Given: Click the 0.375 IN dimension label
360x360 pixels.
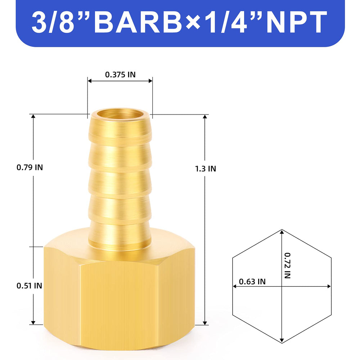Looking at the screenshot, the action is tap(120, 75).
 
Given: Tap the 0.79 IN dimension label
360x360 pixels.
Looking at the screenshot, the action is tap(30, 167).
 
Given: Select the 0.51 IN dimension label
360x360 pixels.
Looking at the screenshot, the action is tap(30, 286).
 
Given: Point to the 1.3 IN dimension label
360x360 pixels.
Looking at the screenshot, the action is tap(206, 169).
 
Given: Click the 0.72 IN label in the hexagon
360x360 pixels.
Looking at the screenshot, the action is tap(287, 266).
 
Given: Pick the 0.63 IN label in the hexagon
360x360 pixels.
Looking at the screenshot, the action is tap(252, 282).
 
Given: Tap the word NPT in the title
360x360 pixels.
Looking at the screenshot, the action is tap(297, 22).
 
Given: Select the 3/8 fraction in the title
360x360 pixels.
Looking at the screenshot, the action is tap(53, 22).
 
